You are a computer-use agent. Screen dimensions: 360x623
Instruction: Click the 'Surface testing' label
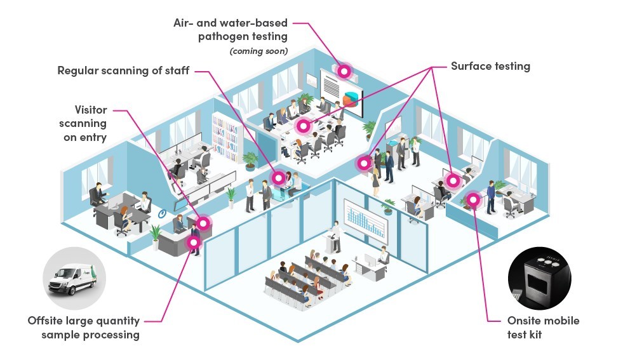[490, 66]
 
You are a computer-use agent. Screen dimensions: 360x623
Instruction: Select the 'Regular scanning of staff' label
[123, 70]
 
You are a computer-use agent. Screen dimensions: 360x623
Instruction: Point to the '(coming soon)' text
[258, 51]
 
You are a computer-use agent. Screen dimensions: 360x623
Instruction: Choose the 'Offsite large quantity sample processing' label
[84, 328]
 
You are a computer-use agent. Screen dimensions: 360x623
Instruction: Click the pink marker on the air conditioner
[344, 71]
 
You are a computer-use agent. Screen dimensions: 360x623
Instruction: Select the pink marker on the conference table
[304, 126]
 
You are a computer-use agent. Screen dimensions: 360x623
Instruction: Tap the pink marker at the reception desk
[203, 223]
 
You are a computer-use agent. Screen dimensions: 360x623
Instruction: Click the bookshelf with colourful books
[225, 137]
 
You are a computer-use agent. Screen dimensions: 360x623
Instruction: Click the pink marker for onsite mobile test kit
[472, 201]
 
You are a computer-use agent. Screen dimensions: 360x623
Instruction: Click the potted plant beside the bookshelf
[250, 160]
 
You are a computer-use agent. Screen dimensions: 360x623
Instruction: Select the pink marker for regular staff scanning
[278, 178]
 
